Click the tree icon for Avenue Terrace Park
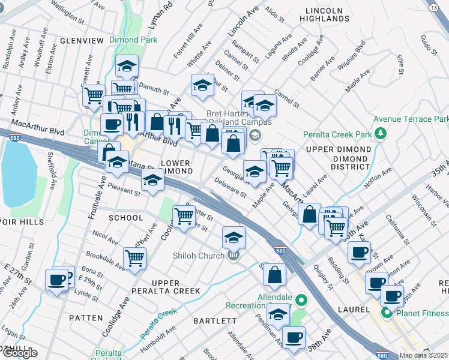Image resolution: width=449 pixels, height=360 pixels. tap(380, 132)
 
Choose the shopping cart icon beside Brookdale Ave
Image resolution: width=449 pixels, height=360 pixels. tap(134, 258)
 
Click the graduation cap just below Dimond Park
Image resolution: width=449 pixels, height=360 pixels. tap(127, 66)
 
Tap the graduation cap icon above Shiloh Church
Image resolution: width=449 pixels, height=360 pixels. tap(234, 237)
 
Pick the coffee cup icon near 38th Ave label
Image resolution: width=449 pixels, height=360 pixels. tap(293, 337)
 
